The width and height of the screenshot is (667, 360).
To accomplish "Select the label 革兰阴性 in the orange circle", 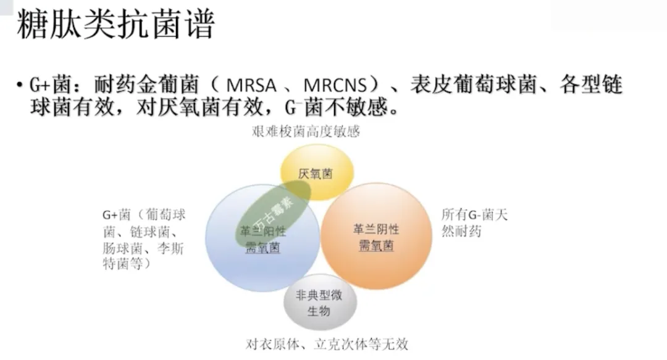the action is (x=376, y=229).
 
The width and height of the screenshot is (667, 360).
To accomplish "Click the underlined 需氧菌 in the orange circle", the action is (x=376, y=246).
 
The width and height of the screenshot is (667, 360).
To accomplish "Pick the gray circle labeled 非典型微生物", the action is (x=319, y=303).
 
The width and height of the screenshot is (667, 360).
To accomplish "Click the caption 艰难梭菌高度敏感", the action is (x=306, y=132).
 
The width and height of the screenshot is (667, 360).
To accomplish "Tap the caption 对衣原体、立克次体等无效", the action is (x=327, y=344).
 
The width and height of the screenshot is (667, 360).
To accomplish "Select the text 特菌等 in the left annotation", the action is (x=122, y=264).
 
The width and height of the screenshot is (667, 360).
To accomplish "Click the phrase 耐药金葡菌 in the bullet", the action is (x=145, y=85).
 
